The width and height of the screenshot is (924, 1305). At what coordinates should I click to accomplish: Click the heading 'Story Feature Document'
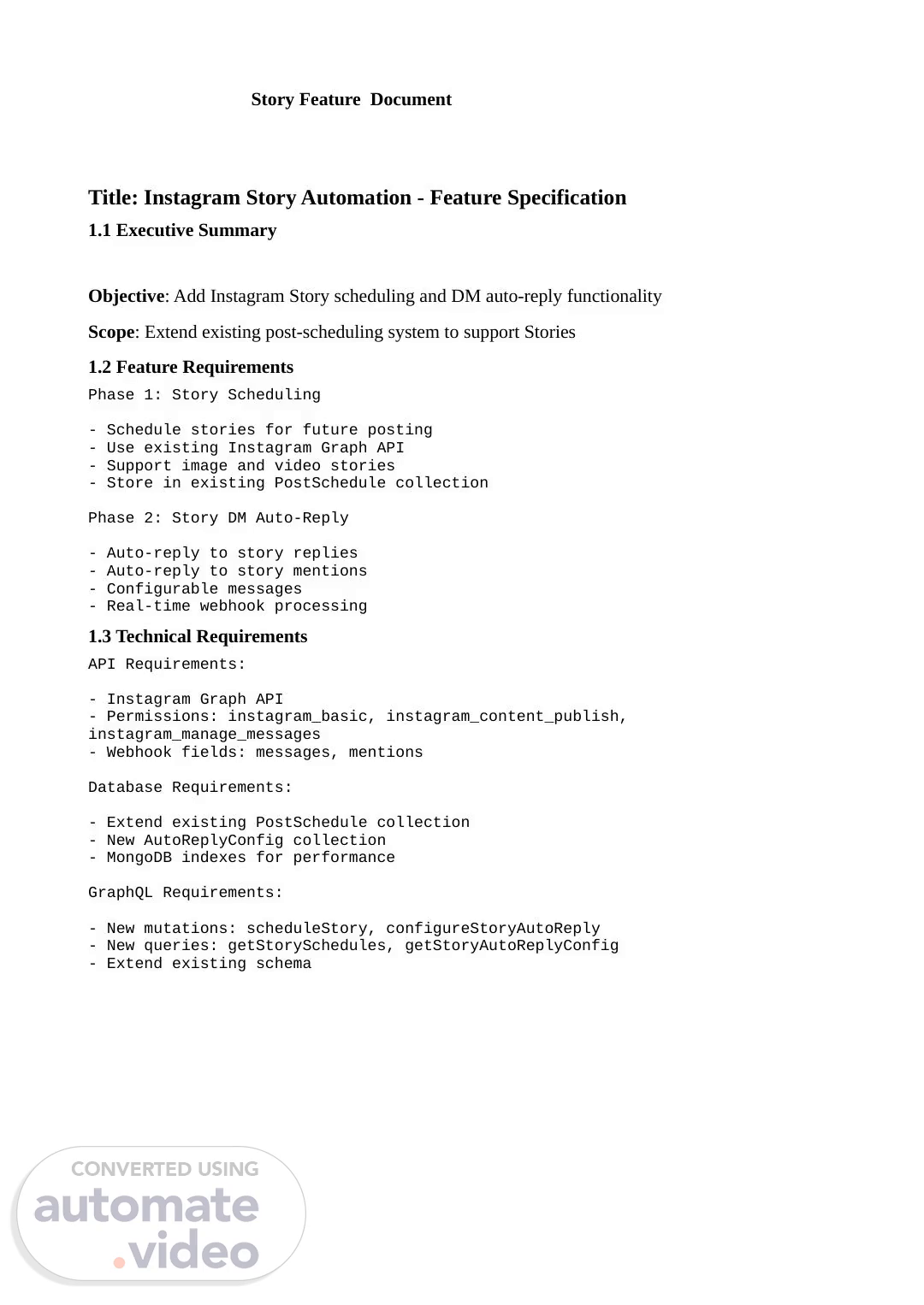pos(351,99)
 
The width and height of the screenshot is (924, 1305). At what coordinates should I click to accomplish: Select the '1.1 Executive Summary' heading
pos(182,230)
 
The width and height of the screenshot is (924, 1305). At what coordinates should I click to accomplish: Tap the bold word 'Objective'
pos(126,296)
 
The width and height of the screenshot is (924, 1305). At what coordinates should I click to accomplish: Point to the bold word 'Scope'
pos(111,332)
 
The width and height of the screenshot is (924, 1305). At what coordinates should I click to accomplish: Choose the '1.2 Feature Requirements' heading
pos(191,367)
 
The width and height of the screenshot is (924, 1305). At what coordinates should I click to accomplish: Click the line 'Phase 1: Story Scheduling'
pos(204,394)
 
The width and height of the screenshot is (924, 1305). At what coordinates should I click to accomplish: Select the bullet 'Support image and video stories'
pos(250,465)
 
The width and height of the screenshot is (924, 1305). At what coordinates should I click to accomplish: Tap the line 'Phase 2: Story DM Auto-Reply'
pos(218,517)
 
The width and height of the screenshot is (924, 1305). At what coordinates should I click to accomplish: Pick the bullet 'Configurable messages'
pos(204,588)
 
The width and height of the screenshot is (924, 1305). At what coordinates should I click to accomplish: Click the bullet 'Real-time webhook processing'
pos(236,605)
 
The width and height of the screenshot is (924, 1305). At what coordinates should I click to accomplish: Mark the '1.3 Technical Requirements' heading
pos(198,636)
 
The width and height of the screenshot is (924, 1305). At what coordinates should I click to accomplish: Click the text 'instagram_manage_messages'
pos(204,734)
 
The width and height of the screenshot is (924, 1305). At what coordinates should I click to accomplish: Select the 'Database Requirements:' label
pos(190,787)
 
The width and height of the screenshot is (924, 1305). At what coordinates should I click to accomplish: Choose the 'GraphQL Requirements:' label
pos(186,892)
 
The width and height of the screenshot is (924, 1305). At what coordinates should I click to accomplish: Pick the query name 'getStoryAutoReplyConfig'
pos(511,945)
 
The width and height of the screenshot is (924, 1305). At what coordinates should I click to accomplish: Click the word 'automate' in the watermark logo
pos(146,1207)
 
